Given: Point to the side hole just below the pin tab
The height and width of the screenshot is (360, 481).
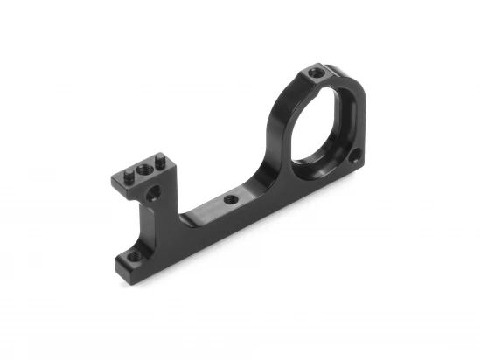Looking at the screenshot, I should [x=154, y=194].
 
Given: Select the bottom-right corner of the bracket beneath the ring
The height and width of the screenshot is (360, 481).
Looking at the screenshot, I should [x=359, y=169].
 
